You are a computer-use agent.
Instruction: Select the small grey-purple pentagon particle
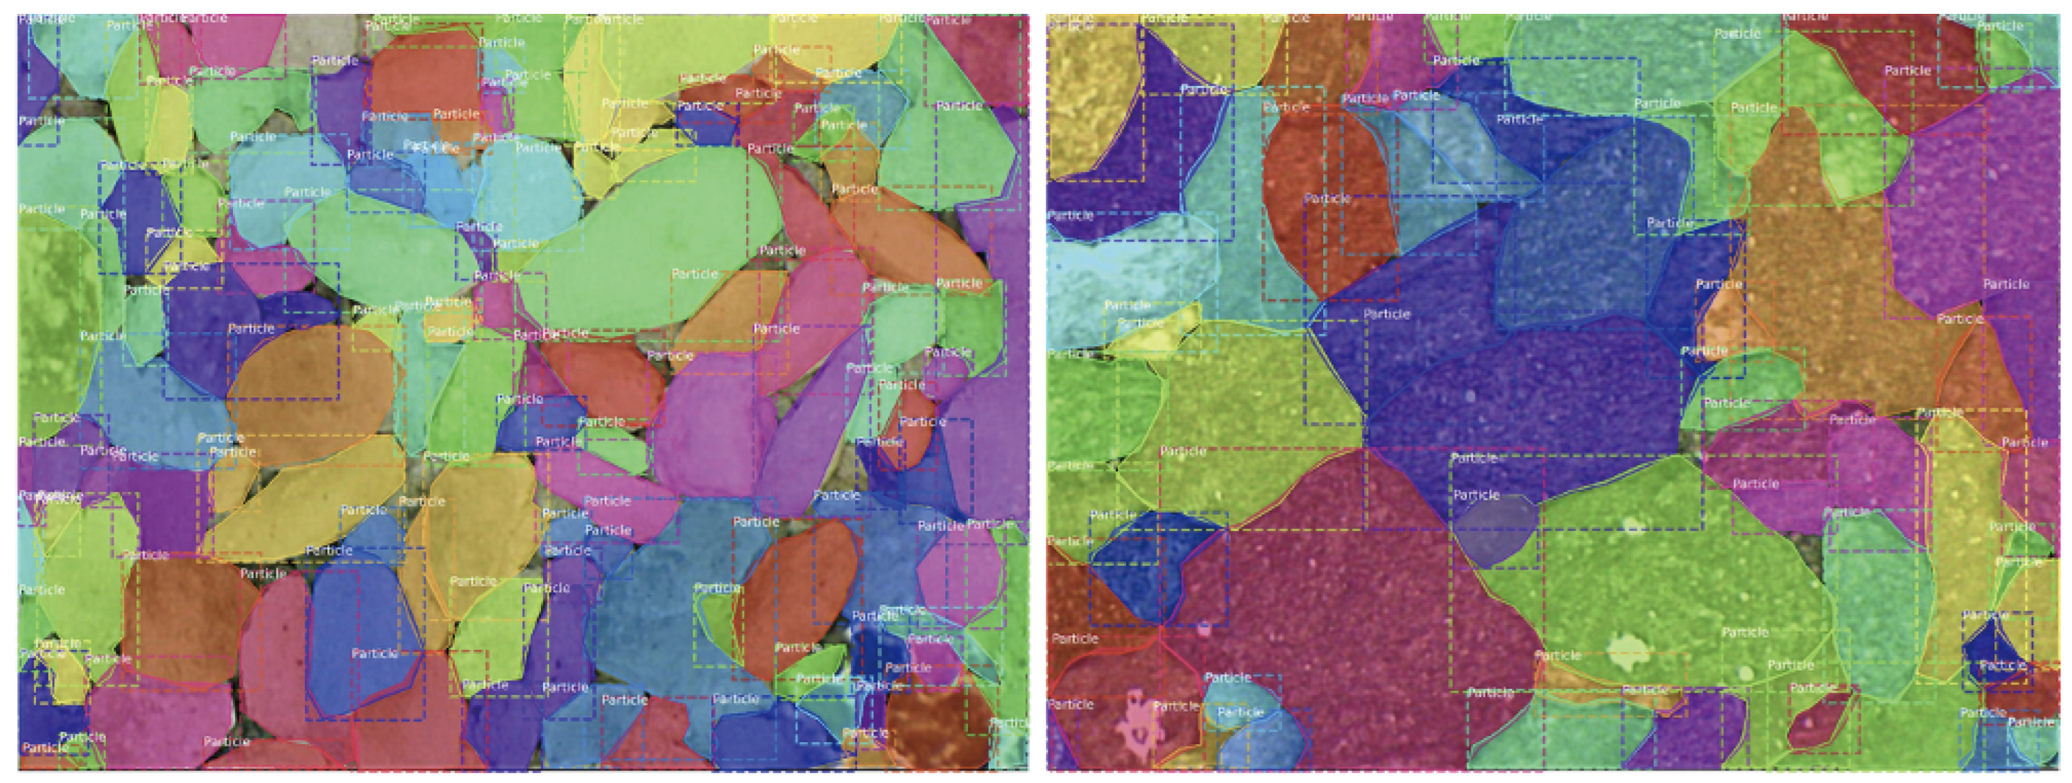(1493, 531)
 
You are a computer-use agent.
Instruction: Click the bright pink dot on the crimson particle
(1204, 631)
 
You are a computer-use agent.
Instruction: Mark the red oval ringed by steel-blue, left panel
(796, 595)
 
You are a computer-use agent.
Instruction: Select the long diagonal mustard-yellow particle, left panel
(306, 498)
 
